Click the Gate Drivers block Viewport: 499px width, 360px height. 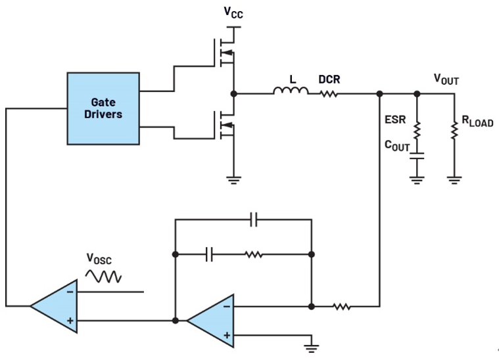(103, 108)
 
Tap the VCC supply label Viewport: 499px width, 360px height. (233, 12)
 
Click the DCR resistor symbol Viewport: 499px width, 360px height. (329, 94)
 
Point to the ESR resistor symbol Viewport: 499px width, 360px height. (417, 130)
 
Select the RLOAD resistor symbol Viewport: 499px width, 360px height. (454, 130)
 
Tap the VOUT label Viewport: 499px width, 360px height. (446, 79)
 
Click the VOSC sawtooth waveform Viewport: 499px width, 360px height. (103, 277)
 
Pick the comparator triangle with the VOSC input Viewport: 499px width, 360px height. (54, 306)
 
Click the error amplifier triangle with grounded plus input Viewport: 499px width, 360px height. (210, 321)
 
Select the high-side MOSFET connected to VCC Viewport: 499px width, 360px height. (224, 53)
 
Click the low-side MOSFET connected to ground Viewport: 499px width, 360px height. (224, 125)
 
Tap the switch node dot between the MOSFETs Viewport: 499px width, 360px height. (233, 94)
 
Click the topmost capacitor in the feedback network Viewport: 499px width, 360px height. (254, 219)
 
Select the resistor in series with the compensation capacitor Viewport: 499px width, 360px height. (254, 254)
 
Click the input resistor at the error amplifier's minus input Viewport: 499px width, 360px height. (342, 307)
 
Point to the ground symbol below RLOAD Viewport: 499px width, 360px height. (454, 180)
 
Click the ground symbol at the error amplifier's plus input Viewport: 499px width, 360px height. (311, 349)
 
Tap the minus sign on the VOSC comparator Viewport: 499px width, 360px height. (70, 292)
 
